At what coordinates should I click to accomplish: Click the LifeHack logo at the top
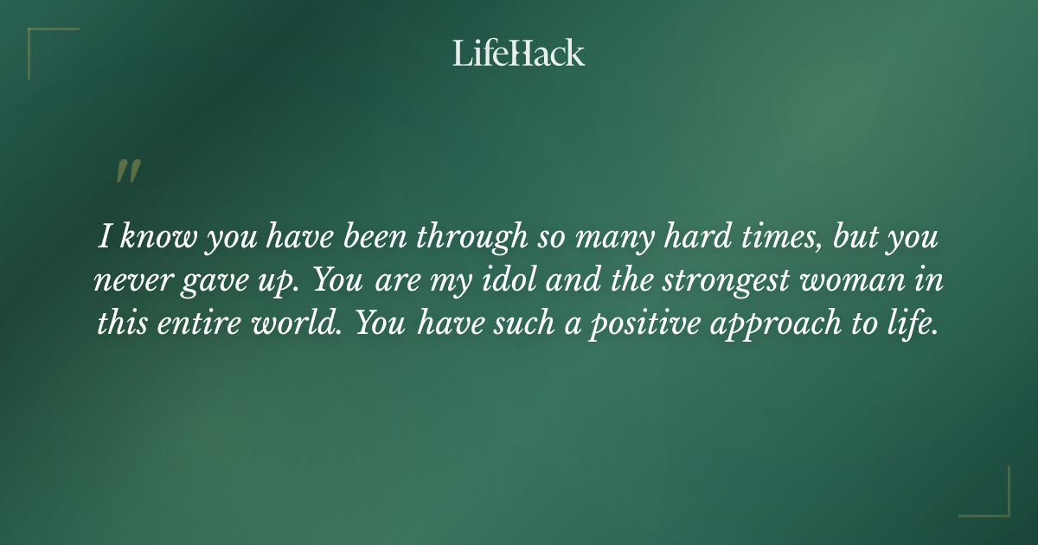[x=518, y=53]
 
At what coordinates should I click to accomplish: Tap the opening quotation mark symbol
[x=128, y=171]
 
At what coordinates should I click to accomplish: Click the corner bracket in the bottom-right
[x=995, y=502]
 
